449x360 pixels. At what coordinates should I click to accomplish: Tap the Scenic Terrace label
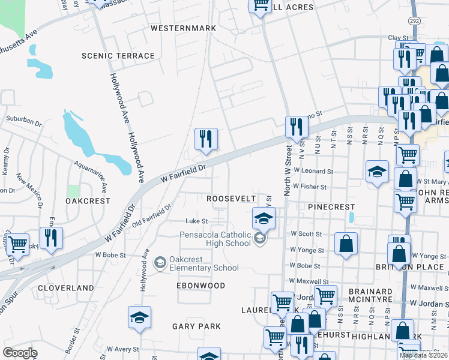[x=118, y=56]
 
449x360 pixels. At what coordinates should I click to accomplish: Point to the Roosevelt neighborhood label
[x=231, y=199]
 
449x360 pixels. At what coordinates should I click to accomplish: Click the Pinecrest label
[x=332, y=206]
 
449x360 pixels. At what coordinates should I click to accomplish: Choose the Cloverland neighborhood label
[x=66, y=288]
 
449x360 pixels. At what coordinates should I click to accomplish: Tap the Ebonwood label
[x=201, y=286]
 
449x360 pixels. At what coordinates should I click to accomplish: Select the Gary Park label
[x=196, y=326]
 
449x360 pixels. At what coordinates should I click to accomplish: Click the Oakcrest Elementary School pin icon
[x=160, y=262]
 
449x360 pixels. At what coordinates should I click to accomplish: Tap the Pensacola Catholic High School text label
[x=215, y=238]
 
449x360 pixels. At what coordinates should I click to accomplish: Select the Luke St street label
[x=196, y=221]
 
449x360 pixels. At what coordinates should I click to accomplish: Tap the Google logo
[x=20, y=353]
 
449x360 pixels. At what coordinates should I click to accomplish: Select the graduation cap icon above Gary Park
[x=140, y=317]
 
